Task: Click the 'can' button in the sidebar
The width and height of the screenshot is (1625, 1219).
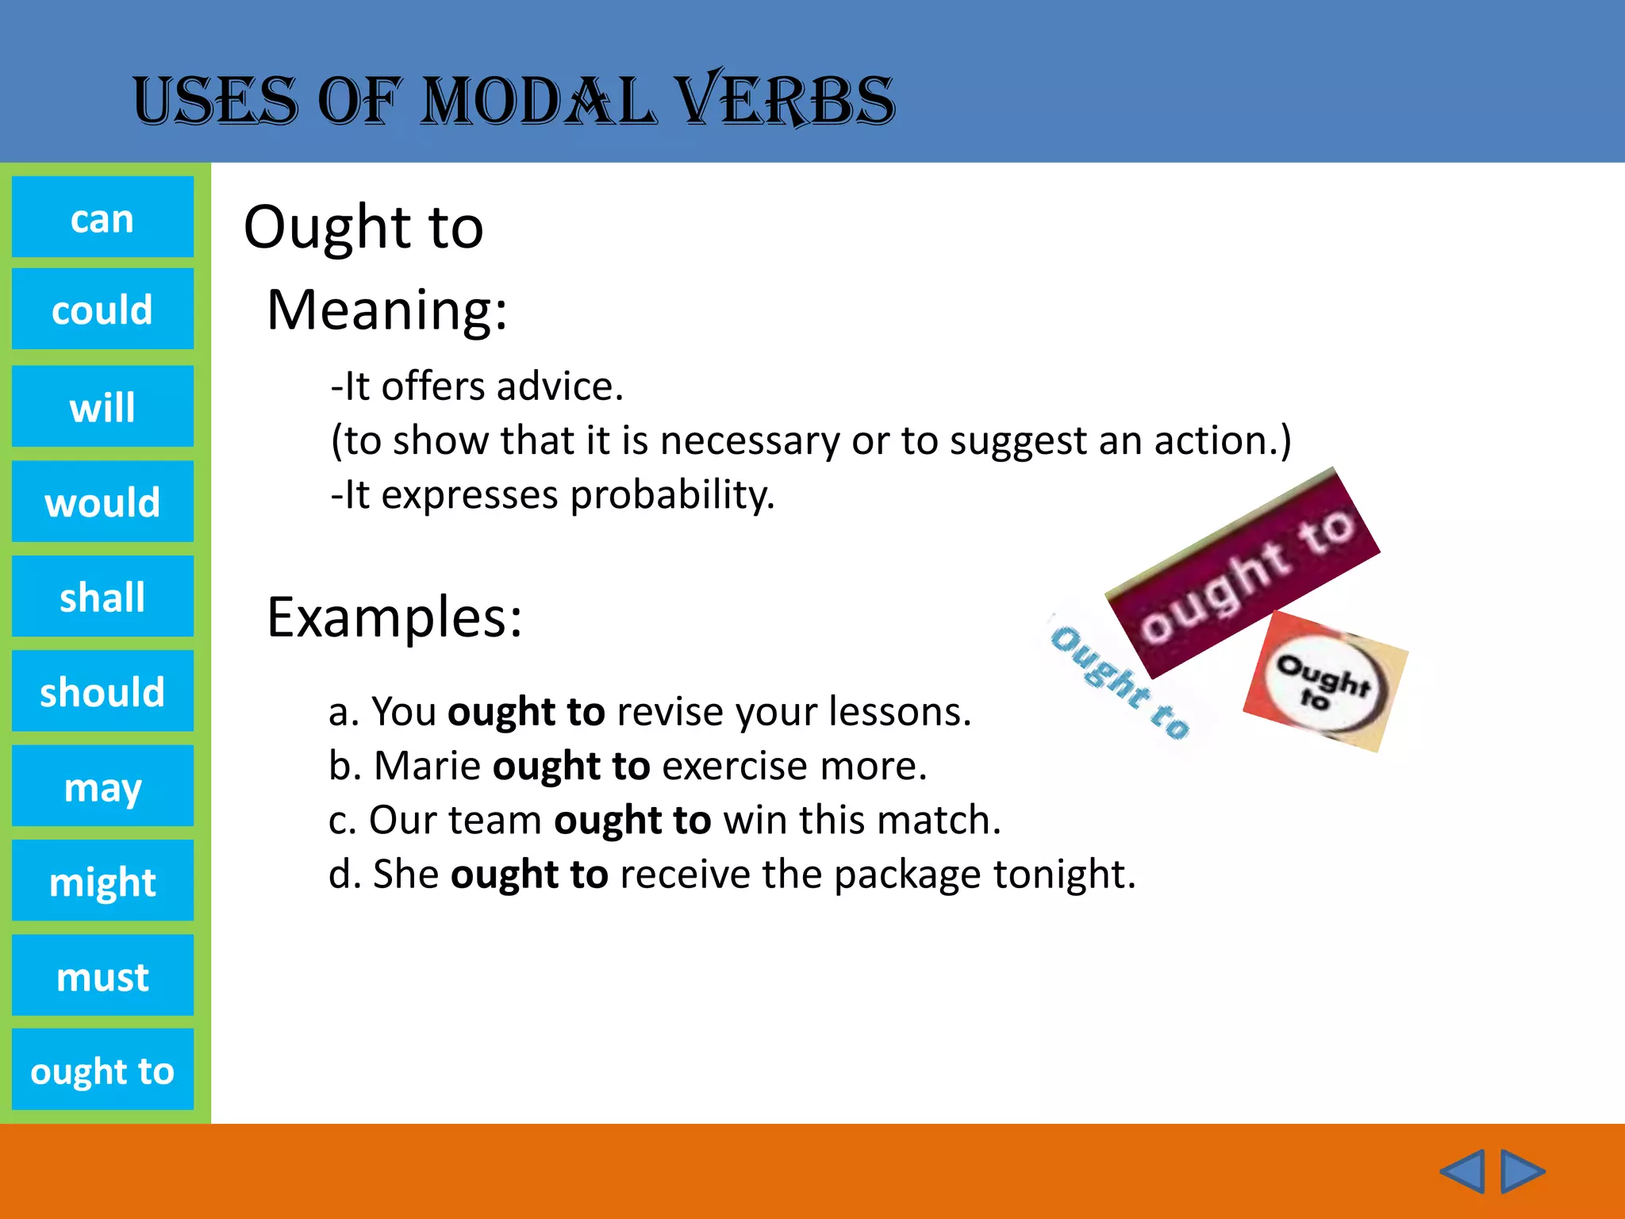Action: click(102, 217)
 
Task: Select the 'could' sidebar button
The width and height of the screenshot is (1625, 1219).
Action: click(102, 309)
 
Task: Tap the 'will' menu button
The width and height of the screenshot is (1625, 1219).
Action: click(102, 406)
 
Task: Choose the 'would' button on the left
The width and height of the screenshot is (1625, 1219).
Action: click(102, 502)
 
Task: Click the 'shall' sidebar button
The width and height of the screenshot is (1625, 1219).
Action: click(102, 596)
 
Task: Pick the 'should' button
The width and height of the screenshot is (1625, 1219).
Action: click(102, 691)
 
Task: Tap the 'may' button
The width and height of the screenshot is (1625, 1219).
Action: click(102, 786)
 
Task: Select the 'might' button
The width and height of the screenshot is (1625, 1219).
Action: click(102, 881)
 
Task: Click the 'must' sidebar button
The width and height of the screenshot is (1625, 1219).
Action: click(102, 975)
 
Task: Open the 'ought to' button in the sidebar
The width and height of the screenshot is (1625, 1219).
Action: click(102, 1070)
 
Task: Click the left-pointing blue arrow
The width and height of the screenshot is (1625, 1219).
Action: click(1462, 1171)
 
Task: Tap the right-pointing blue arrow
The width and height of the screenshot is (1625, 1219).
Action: click(1523, 1171)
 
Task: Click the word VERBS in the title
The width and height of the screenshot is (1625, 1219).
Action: click(785, 101)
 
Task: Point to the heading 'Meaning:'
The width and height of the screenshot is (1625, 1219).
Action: click(386, 310)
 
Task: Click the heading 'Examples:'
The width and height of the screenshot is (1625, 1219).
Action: click(394, 617)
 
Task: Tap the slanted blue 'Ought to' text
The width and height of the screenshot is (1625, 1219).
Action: click(1120, 680)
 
